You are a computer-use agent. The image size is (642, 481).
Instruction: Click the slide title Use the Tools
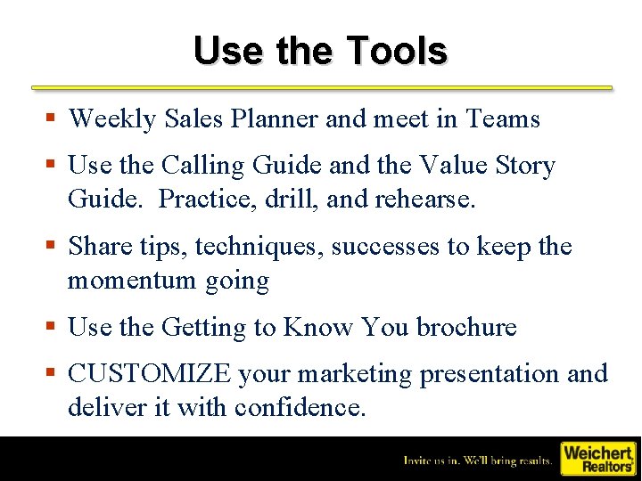click(x=320, y=51)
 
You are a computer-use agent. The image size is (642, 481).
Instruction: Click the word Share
click(x=99, y=246)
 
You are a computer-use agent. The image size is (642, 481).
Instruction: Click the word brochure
click(x=466, y=327)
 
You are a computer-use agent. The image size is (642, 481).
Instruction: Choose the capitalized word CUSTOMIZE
click(x=149, y=374)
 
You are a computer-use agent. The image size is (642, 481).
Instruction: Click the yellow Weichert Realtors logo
click(x=597, y=458)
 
